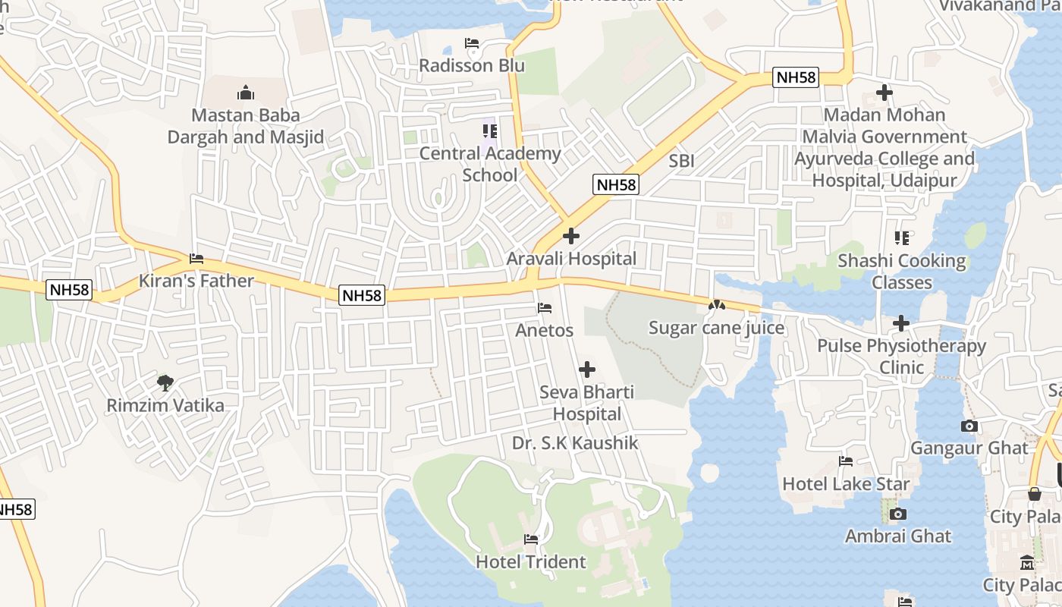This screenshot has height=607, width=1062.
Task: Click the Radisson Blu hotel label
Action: (472, 65)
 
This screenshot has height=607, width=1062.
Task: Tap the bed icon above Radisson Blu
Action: (472, 43)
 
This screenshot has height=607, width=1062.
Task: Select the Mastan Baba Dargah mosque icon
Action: (245, 93)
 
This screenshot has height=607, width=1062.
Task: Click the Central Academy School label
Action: (490, 164)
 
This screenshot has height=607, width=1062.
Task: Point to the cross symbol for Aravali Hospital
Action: (571, 236)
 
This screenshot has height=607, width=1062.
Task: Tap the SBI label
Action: (681, 161)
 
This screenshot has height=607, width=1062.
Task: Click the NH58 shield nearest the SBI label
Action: (616, 184)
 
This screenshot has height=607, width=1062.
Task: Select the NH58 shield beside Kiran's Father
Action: (69, 290)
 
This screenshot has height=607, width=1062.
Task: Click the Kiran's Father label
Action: (196, 281)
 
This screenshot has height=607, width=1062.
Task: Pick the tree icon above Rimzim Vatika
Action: (165, 382)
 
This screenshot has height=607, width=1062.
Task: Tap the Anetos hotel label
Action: (544, 331)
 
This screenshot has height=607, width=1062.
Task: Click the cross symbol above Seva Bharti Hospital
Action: (586, 370)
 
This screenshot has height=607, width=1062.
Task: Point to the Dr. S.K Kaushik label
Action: (575, 443)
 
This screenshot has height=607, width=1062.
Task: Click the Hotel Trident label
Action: (531, 561)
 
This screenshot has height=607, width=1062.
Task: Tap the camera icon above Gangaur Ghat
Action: (969, 426)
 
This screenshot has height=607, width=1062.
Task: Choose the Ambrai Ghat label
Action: (898, 536)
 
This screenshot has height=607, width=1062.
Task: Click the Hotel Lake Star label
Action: (846, 483)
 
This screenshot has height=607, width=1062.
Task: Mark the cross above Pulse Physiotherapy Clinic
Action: (900, 323)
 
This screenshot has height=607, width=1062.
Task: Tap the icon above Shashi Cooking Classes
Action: (901, 238)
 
